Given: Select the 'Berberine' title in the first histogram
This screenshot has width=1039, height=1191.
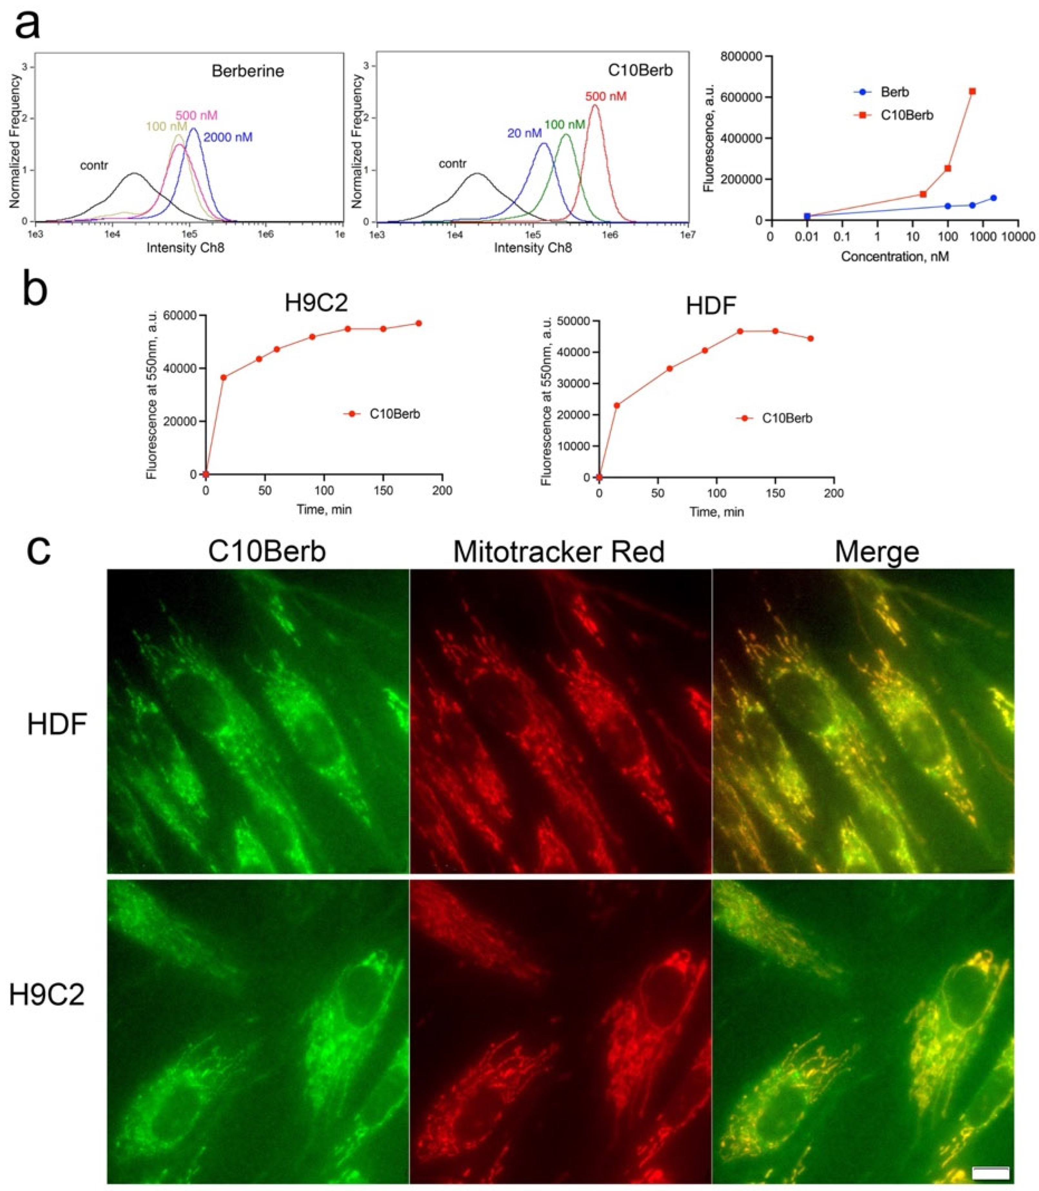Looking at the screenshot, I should [x=248, y=71].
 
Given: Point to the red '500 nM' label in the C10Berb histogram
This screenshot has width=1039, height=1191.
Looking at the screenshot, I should [x=605, y=96].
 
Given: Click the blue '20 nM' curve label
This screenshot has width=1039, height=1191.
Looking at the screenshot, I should [x=524, y=133].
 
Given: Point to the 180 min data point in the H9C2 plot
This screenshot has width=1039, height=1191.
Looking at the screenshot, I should [x=419, y=324].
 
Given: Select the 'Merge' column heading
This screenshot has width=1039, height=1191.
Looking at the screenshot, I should [x=877, y=552].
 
